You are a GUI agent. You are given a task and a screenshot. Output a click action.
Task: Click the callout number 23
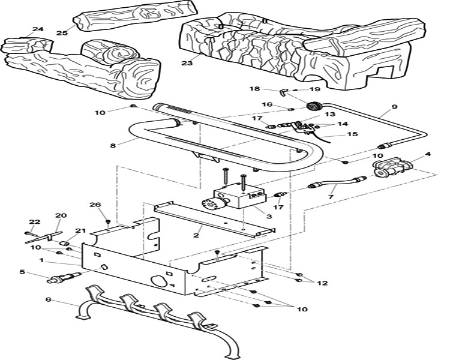point(187,62)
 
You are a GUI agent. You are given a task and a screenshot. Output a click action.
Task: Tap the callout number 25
point(62,33)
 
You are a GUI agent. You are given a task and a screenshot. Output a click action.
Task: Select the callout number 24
point(38,29)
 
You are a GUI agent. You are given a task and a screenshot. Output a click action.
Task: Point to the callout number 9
point(394,107)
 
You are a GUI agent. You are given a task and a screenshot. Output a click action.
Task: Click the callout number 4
point(428,154)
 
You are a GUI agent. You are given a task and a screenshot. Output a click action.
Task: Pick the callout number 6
point(49,299)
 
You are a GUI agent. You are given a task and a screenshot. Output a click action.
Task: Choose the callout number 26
point(95,205)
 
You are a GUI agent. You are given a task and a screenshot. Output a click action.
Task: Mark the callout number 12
point(323,283)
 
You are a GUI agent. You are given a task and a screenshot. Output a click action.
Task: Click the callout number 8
point(113,146)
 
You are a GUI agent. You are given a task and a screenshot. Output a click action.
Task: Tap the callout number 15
point(353,134)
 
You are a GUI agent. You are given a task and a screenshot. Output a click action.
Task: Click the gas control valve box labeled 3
point(239,196)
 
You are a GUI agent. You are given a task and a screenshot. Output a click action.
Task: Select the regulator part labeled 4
point(392,167)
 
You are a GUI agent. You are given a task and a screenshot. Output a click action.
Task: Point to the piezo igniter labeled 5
point(65,277)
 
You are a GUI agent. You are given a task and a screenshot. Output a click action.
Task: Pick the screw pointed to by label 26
point(108,221)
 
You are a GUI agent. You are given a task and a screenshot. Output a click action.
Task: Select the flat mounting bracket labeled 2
point(214,220)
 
